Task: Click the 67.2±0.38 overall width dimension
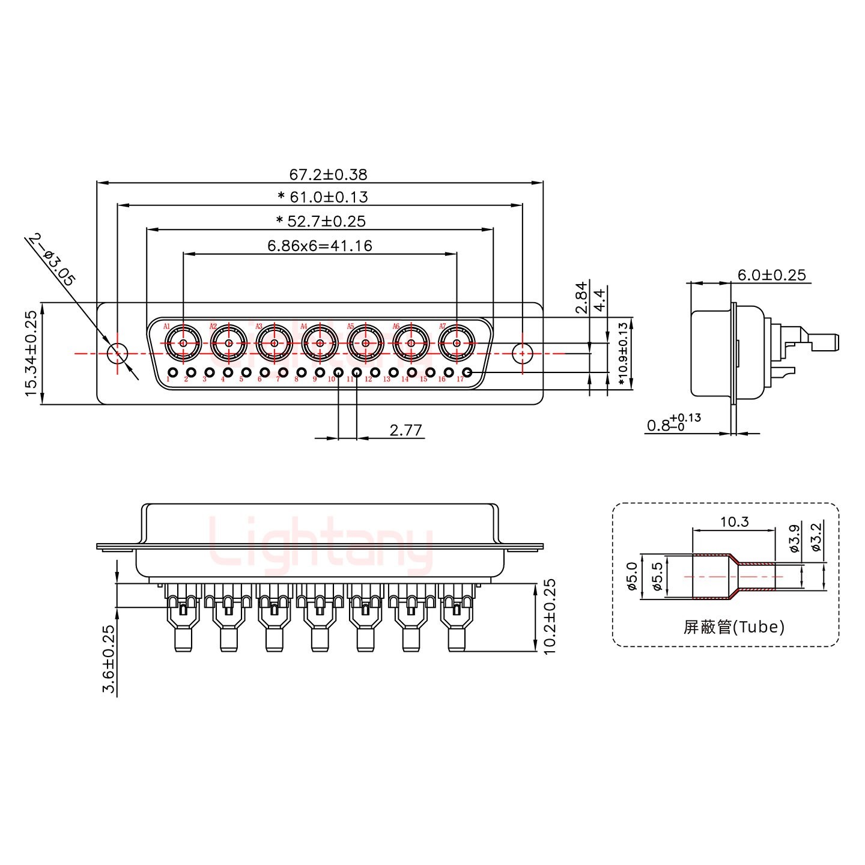(328, 174)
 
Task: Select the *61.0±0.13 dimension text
(323, 196)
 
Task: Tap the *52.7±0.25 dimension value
(321, 221)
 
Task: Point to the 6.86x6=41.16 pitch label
(320, 245)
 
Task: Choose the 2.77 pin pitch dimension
(406, 430)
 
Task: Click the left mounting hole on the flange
(117, 353)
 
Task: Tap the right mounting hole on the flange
(523, 353)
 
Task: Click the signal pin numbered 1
(173, 372)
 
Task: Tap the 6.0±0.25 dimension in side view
(771, 275)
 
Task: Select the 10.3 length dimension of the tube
(734, 521)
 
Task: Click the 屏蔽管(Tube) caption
(734, 627)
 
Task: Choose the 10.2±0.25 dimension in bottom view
(550, 616)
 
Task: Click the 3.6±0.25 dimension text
(109, 659)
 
